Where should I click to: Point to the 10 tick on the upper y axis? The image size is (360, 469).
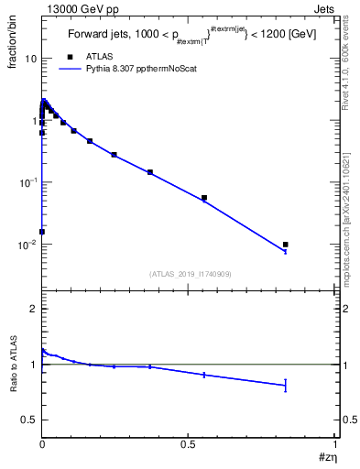(31, 59)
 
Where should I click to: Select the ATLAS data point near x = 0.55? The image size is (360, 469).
(204, 198)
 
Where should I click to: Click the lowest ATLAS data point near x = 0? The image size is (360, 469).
(42, 232)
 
